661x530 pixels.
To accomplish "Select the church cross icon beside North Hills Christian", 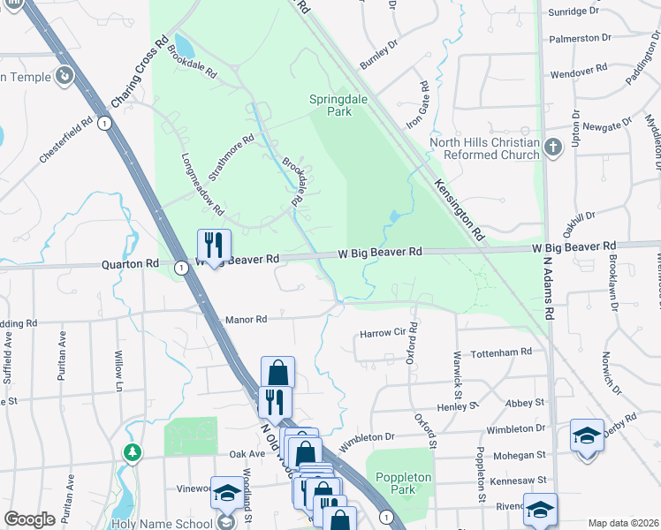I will pyautogui.click(x=553, y=147).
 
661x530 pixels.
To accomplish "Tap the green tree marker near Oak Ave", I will pyautogui.click(x=133, y=452).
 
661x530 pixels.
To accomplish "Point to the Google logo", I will pyautogui.click(x=29, y=519).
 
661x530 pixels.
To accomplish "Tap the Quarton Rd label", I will pyautogui.click(x=130, y=263).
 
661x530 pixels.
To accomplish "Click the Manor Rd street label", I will pyautogui.click(x=246, y=320).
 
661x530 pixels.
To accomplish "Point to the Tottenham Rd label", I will pyautogui.click(x=502, y=351).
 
